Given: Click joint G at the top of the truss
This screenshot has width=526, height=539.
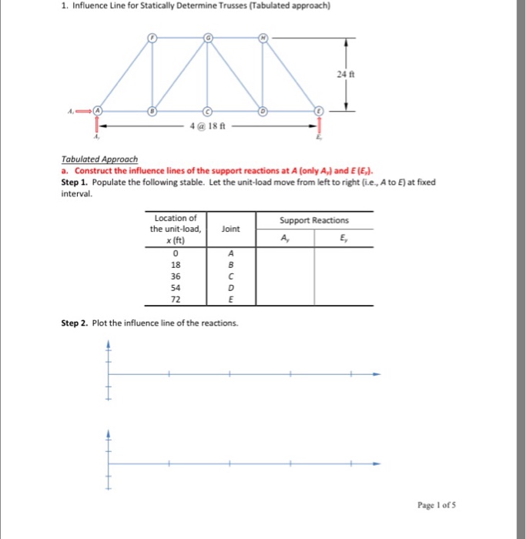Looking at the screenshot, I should [x=207, y=36].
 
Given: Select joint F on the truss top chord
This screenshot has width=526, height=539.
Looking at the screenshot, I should [x=152, y=36].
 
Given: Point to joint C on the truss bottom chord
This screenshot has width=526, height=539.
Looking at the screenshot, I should [x=207, y=110].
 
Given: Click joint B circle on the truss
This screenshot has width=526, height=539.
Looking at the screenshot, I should [x=152, y=110].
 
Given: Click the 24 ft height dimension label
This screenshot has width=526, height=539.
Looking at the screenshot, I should [x=342, y=74].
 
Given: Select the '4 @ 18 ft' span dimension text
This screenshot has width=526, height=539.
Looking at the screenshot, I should [x=204, y=126].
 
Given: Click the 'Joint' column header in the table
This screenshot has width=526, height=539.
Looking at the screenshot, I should [x=229, y=229].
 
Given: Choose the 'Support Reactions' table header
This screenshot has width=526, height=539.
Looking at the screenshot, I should [x=313, y=220].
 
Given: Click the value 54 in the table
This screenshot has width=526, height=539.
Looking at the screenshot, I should [x=176, y=287].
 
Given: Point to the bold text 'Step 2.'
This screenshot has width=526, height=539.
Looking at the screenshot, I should [x=75, y=323].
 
